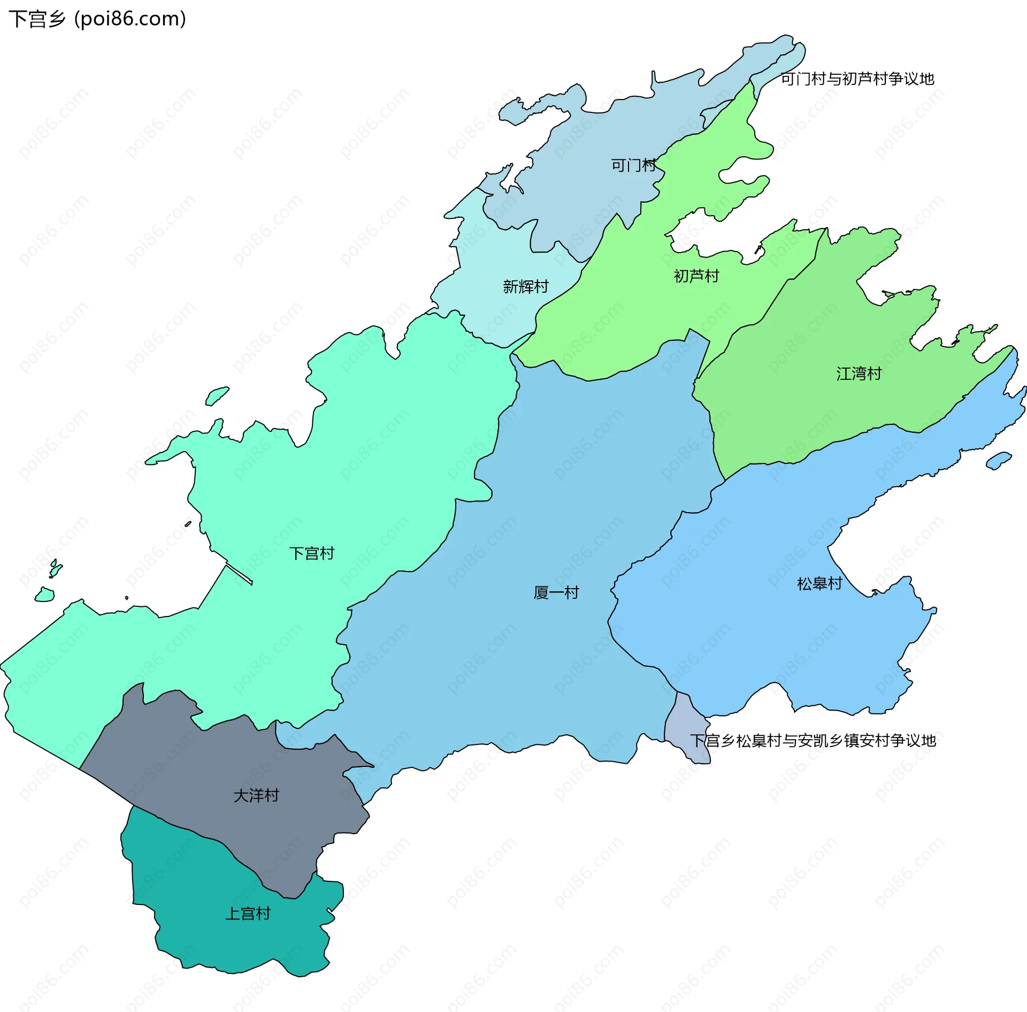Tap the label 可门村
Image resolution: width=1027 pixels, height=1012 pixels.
633,165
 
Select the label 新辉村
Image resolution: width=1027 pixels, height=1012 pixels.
525,287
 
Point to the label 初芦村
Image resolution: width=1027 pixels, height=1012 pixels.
696,276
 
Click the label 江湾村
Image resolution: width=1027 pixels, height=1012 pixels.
859,374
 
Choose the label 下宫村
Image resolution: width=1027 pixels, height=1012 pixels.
311,553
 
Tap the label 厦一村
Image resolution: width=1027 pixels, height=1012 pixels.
556,592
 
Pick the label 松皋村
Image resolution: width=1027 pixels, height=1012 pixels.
819,584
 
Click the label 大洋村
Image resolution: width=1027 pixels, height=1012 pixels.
256,796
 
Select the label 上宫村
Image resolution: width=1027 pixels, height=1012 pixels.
247,914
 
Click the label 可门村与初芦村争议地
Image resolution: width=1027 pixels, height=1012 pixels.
857,79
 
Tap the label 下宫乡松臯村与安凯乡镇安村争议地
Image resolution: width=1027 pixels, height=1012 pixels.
813,741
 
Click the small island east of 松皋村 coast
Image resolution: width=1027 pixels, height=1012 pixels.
998,460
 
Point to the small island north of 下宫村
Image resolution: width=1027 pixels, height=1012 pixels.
217,396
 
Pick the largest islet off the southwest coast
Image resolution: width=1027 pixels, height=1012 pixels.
44,595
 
